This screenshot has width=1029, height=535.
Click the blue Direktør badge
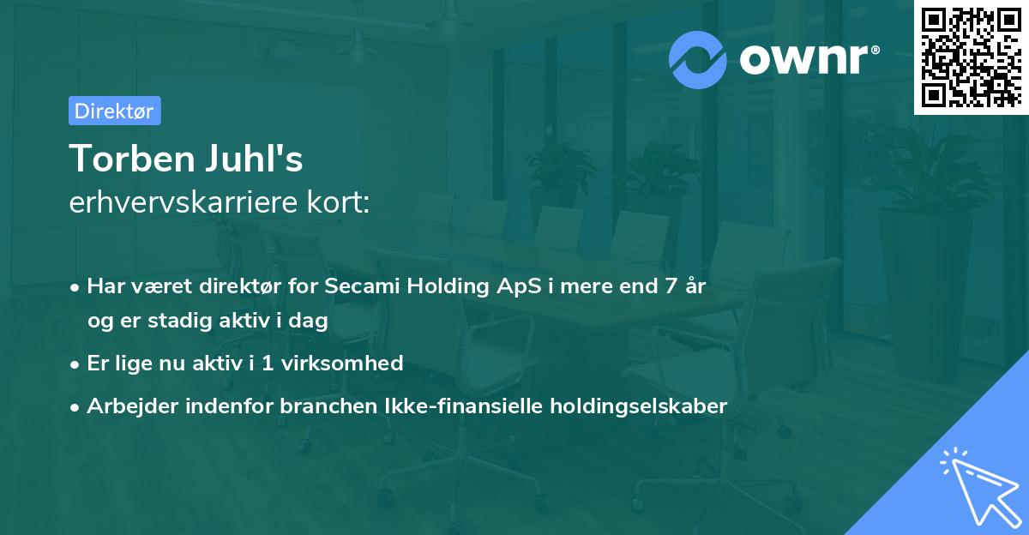point(115,111)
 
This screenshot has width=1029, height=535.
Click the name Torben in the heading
point(132,159)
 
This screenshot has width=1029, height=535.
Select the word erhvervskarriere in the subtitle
point(184,202)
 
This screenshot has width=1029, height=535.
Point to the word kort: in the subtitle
point(338,202)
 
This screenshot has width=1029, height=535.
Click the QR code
point(971,57)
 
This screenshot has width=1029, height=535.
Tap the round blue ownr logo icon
point(697,60)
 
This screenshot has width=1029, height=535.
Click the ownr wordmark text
point(809,60)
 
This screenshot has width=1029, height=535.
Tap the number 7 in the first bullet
point(671,286)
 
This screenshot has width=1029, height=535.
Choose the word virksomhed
point(342,364)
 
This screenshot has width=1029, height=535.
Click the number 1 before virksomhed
point(268,364)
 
